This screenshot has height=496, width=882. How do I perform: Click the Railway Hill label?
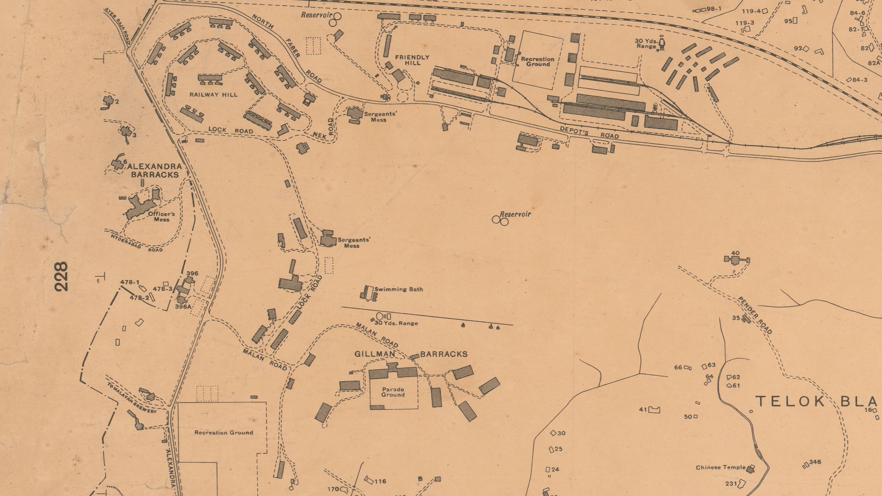point(213,95)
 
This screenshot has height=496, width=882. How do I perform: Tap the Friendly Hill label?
point(412,60)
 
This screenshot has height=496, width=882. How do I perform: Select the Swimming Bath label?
point(398,289)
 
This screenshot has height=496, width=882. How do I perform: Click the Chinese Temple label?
point(720,467)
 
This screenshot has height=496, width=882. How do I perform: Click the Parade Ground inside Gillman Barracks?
point(393,392)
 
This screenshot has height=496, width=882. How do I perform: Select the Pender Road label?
point(754,315)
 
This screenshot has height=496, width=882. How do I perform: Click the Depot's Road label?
point(589,132)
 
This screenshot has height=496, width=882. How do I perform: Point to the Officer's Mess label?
point(161,216)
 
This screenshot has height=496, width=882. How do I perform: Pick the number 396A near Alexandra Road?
point(183,306)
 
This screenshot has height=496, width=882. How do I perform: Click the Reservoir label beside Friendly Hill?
point(316,15)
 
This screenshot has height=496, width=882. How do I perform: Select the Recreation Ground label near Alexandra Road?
point(224,432)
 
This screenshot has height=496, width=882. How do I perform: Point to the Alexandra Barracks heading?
point(155,170)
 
